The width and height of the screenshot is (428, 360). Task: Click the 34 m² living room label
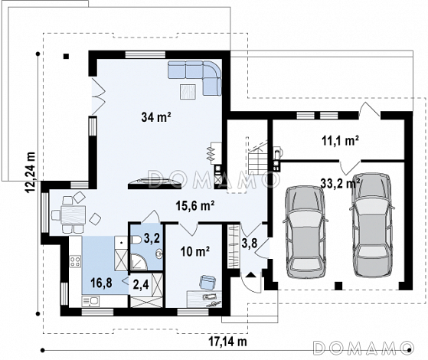coord(156,117)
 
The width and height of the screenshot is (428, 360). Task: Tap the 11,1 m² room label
coord(341,141)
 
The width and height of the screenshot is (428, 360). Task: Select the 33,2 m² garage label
coord(340,183)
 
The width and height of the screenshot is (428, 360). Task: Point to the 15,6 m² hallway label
coord(195,205)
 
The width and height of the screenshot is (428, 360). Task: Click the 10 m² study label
coord(195,251)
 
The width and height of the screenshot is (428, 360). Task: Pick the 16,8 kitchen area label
coord(101,283)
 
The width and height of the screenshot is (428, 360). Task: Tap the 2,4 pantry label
coord(141,285)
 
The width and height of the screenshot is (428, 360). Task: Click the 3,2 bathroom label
coord(152,238)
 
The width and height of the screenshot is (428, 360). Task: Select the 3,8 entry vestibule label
coord(250,243)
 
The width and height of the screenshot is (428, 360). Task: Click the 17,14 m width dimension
coord(228,342)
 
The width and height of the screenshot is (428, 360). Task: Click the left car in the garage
coord(305,231)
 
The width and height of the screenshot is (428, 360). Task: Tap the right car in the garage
coord(372,224)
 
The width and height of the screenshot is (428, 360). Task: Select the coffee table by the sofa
coord(188,92)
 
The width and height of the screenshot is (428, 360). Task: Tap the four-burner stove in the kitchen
coord(75,261)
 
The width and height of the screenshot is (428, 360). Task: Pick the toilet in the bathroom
coord(136,240)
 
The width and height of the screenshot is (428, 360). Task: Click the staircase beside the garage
coord(257,157)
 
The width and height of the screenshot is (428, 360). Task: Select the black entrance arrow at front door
coord(251,274)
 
